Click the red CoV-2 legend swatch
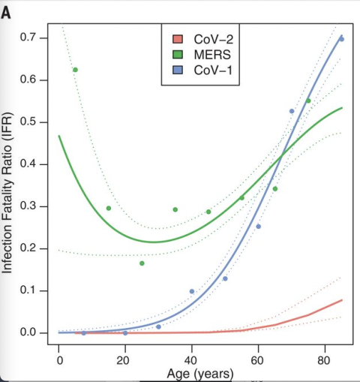coord(177,38)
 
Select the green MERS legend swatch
coord(177,54)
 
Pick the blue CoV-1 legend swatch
coord(177,71)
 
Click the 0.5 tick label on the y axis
coord(28,122)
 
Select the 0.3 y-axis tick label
coord(28,206)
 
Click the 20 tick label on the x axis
coord(125,361)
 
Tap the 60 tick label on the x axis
coord(259,361)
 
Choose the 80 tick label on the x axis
coord(325,361)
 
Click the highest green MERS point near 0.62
coord(75,70)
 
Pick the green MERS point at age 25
coord(142,263)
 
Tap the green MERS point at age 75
coord(308,101)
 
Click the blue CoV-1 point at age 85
coord(341,39)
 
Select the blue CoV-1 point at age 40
coord(192,291)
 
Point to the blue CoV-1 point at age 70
coord(292,111)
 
